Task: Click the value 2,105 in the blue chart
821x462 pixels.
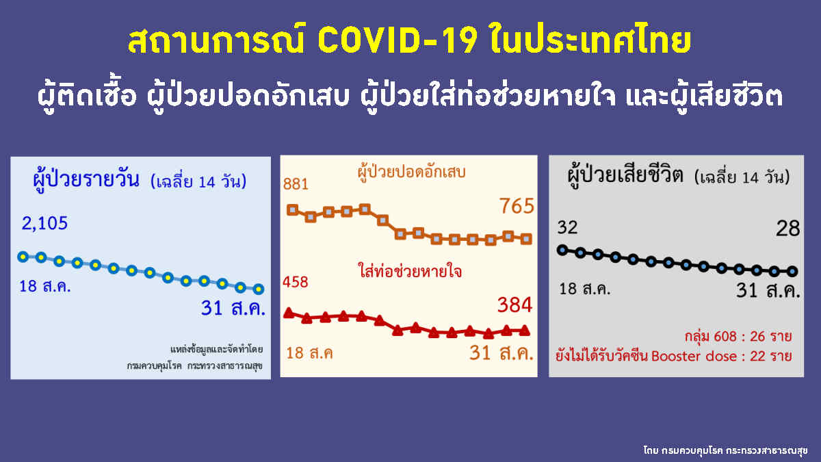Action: tap(45, 224)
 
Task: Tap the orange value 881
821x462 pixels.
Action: tap(296, 184)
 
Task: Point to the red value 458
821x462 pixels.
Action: tap(296, 281)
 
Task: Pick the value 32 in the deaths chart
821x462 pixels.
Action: tap(568, 227)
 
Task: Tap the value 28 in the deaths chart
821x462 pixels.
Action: tap(788, 229)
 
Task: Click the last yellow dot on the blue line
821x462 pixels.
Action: tap(258, 289)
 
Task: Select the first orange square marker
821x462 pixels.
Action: tap(293, 209)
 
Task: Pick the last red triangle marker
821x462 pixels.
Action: tap(525, 330)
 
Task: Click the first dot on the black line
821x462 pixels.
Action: tap(562, 250)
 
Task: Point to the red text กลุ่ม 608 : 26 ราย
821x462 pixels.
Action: tap(738, 337)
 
